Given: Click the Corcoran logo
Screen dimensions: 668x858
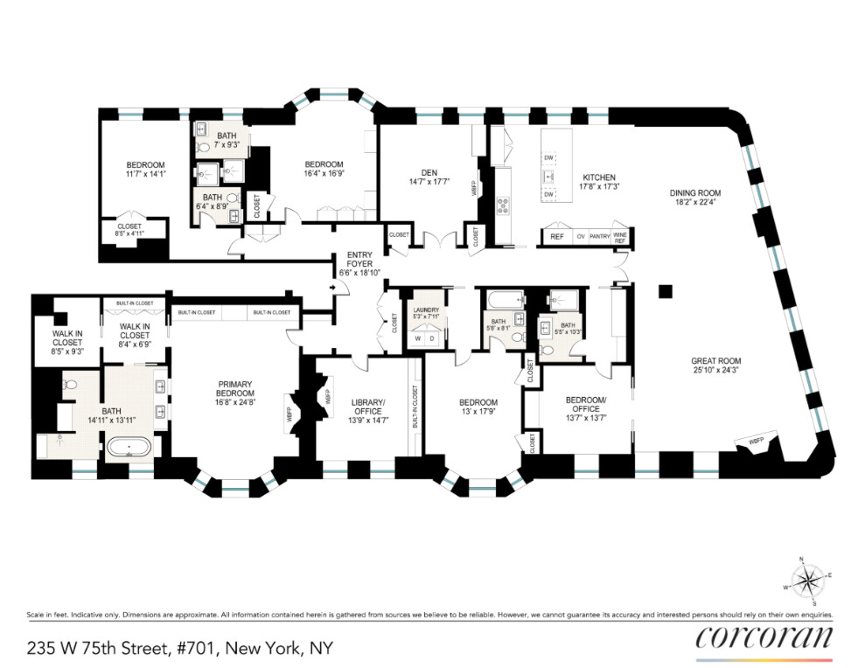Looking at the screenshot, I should pos(764,637).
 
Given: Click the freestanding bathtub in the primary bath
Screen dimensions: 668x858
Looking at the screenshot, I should pos(129,449).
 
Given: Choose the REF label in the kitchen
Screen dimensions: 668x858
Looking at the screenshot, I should pos(556,236).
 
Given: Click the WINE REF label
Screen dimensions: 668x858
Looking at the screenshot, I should pos(620,236).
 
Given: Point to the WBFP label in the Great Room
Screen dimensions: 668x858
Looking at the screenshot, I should pos(754,442).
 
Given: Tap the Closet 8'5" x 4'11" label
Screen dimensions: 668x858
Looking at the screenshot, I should pos(129,230).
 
